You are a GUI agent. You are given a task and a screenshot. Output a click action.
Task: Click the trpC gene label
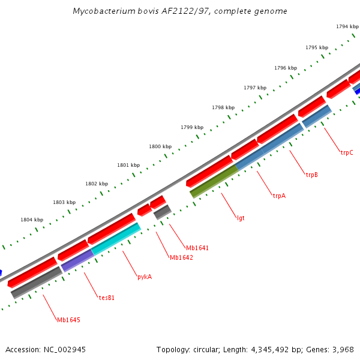347,152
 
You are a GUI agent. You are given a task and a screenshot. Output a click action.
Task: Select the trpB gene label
312,175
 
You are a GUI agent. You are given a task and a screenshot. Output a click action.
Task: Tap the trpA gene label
279,196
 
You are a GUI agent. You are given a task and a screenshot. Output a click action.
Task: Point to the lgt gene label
241,218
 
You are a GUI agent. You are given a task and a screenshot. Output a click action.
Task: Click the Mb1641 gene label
197,248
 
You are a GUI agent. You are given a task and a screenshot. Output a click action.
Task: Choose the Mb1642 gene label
181,257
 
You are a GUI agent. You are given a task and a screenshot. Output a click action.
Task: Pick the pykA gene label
145,277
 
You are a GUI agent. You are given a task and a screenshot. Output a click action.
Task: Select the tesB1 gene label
107,297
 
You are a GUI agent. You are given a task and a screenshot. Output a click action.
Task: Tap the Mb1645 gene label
68,320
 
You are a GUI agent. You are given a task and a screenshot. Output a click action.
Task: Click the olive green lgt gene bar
214,181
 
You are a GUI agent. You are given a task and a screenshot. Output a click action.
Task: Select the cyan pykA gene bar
115,239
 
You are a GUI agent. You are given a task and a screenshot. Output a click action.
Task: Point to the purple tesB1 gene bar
77,260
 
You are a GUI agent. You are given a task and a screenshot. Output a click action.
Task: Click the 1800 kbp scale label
160,146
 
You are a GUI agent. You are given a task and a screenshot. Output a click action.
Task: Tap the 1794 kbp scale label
347,26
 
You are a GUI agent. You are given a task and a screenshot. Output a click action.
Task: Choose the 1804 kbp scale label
32,220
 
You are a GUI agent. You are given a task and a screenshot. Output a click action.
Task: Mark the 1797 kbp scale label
255,88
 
